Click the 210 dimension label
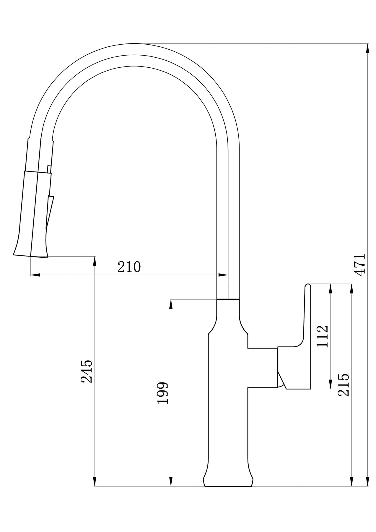[129, 267]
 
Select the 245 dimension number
[87, 371]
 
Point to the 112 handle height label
[322, 337]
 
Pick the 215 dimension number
[344, 385]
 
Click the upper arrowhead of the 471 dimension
[368, 49]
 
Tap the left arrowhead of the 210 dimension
[35, 275]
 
